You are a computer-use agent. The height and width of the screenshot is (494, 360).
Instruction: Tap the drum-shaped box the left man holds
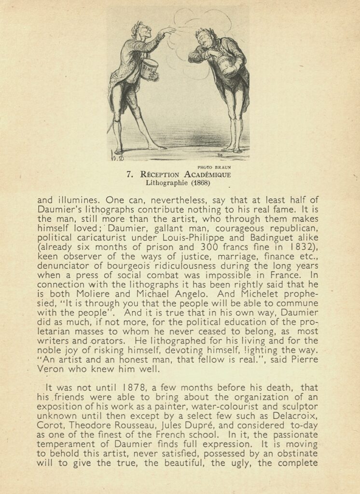tap(149, 69)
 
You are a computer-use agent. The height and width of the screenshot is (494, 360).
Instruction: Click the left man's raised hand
tap(169, 31)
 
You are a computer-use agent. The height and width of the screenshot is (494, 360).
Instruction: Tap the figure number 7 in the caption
tap(129, 175)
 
